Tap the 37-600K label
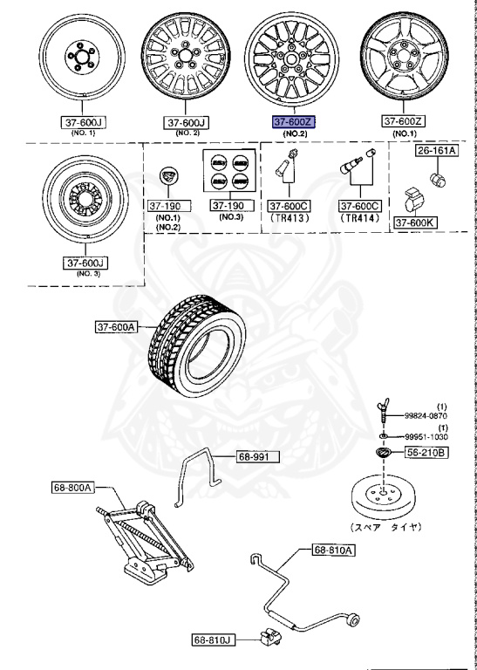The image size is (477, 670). tap(415, 222)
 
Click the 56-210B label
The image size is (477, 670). tap(426, 453)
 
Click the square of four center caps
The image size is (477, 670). tap(225, 172)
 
